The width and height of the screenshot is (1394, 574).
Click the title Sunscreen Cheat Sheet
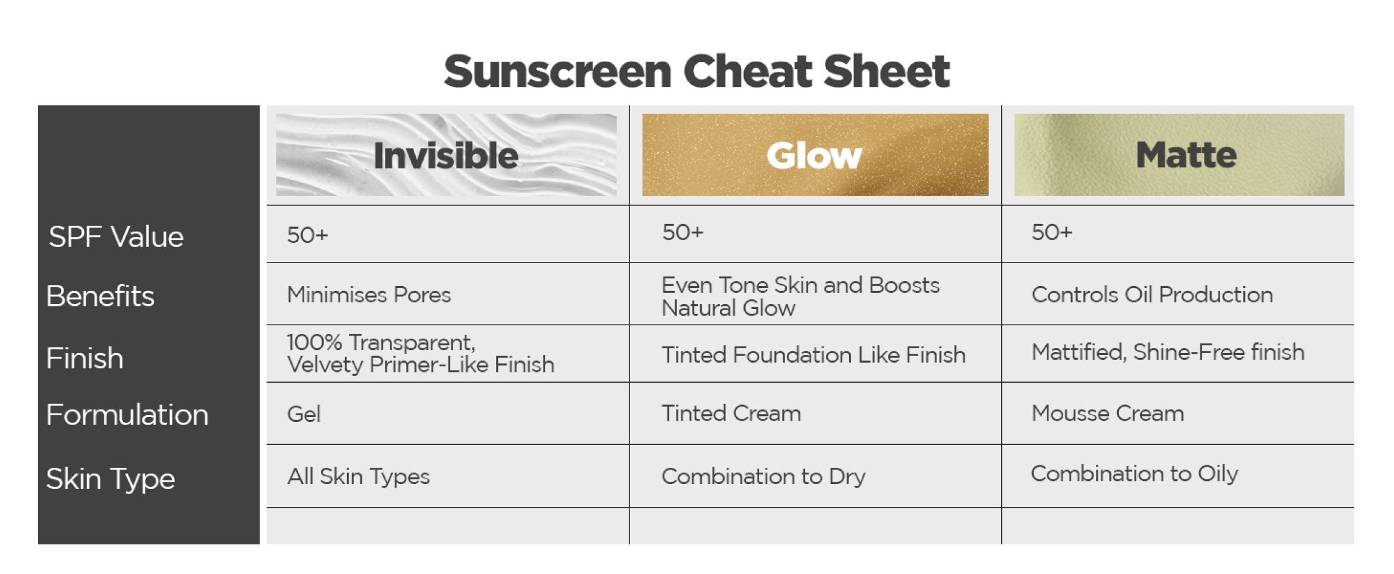696,71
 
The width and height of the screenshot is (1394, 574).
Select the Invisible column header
446,155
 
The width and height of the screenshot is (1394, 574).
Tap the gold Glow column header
814,155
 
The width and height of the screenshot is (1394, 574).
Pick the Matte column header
1186,155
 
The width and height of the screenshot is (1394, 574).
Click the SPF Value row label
116,237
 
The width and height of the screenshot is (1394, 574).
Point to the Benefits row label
100,296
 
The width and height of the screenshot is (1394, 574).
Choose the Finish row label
84,358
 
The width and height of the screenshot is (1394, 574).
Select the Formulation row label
127,415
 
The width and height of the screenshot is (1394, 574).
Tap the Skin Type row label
110,479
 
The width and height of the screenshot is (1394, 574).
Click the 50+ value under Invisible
307,235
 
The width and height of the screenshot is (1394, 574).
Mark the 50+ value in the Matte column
1051,232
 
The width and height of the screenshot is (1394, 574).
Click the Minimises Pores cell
369,295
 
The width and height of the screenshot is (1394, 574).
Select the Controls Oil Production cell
1151,295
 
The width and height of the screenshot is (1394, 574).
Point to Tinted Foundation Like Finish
813,355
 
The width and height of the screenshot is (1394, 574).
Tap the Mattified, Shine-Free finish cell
1167,352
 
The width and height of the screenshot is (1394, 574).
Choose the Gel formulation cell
304,414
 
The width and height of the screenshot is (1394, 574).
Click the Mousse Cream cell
1107,413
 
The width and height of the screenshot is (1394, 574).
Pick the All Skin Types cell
358,476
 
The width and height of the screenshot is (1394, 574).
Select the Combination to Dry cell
763,476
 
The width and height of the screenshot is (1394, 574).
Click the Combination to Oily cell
1134,474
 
